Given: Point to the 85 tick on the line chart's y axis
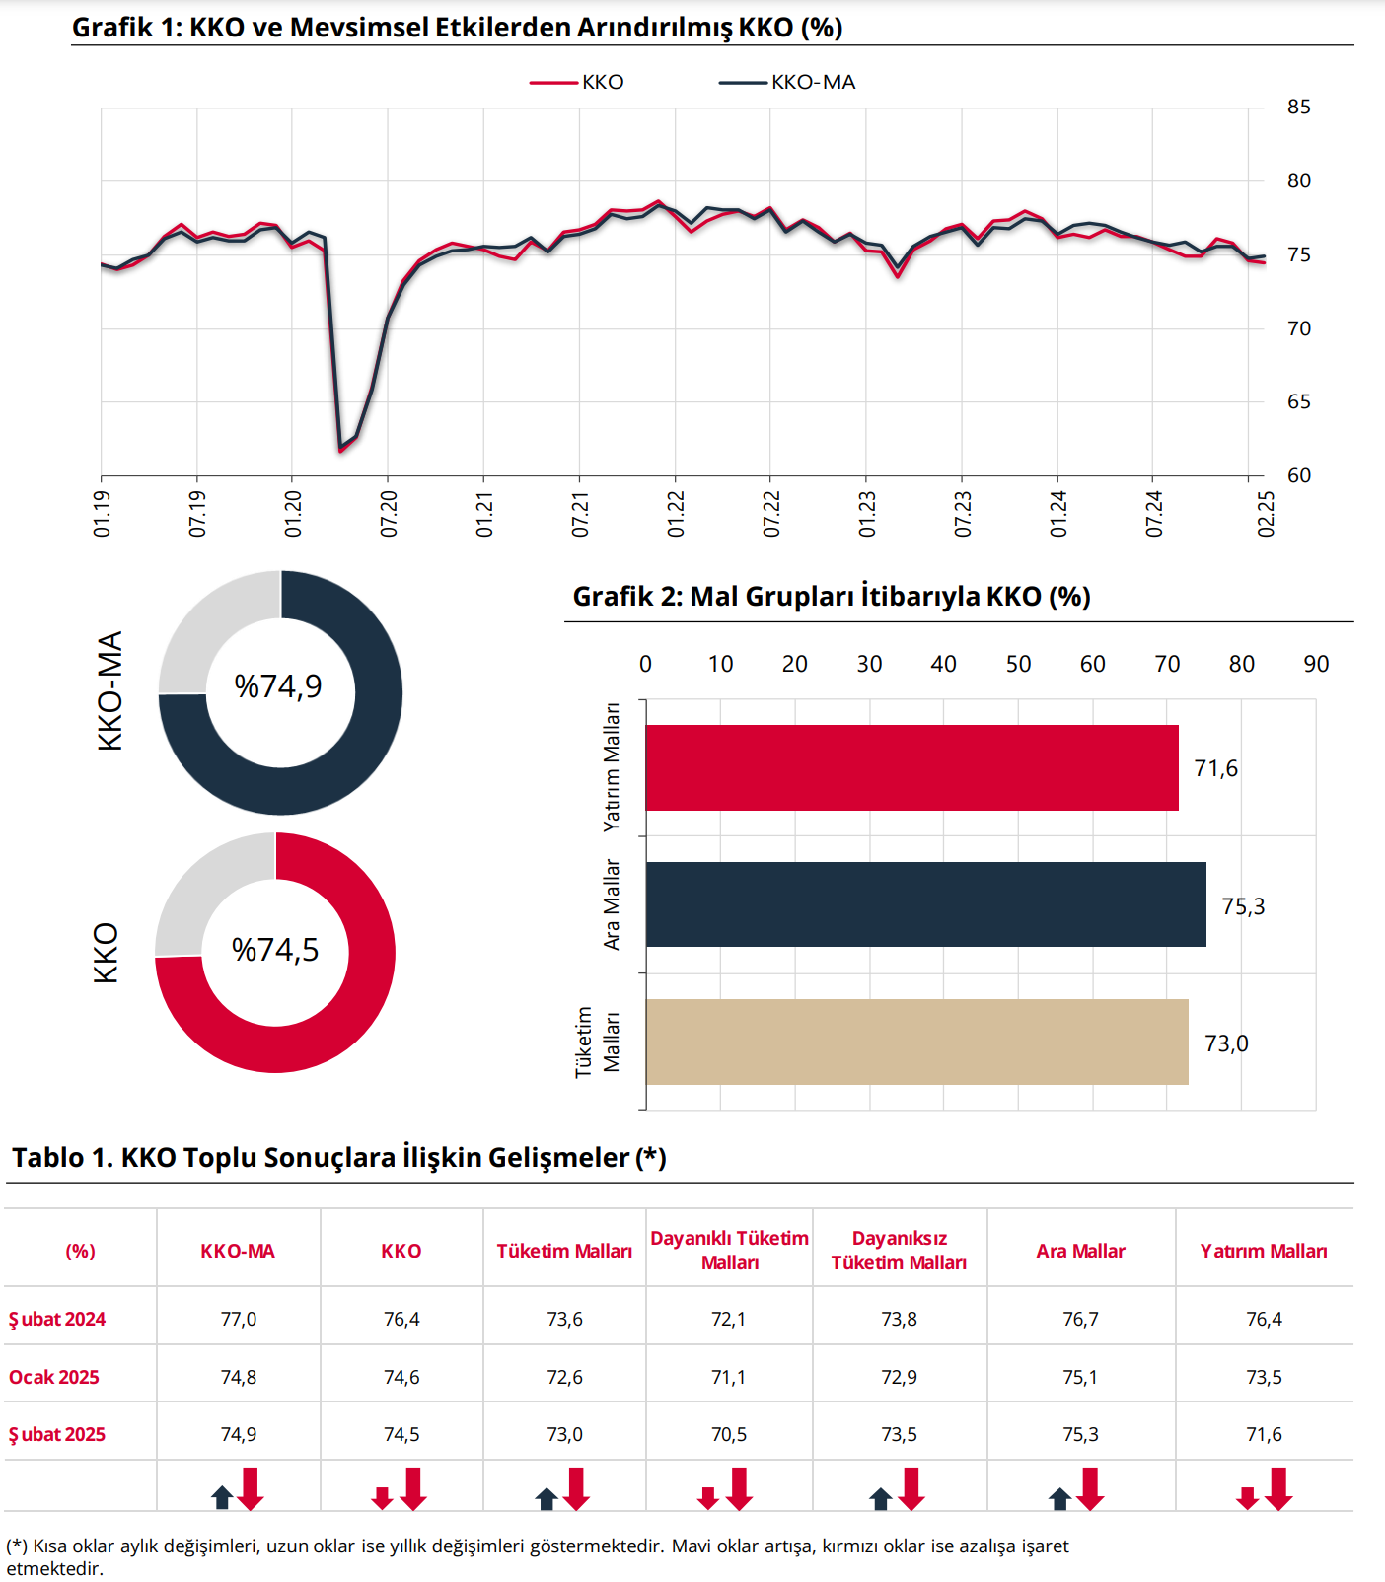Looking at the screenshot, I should (1298, 108).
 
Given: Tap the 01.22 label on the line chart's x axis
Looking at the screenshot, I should (676, 514).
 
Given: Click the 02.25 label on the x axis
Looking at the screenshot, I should (1266, 514).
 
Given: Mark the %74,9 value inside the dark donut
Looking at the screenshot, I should (278, 686).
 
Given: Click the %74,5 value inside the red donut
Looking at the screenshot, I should (275, 950).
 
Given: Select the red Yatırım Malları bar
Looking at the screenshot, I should (911, 767).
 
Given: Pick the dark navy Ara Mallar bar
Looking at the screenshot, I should (925, 904).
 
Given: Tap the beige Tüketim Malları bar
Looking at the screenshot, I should (916, 1042).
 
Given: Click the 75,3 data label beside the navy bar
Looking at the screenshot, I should (1243, 906).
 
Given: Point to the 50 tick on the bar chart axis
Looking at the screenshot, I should (1018, 665).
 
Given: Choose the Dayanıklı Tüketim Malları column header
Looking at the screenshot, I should (729, 1251).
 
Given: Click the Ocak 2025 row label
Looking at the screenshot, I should (54, 1377).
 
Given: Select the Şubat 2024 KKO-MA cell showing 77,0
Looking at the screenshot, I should (239, 1320).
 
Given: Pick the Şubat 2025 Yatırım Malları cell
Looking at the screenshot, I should (1264, 1435).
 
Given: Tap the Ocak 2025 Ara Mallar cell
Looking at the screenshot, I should (1080, 1377).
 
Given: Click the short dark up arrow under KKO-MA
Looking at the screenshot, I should (222, 1497).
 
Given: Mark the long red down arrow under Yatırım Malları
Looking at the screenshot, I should (1278, 1488).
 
